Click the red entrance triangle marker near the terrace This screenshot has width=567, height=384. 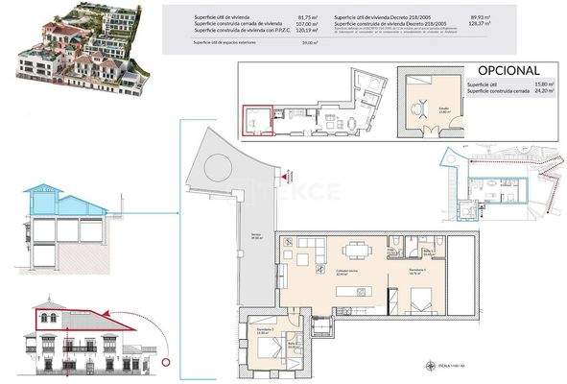284,176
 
